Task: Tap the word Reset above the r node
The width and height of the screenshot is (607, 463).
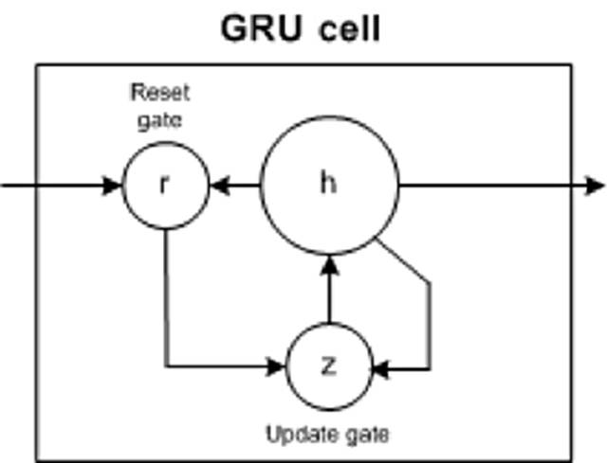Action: (159, 94)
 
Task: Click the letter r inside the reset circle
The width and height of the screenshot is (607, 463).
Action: (165, 185)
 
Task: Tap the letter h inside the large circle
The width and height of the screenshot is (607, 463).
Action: (328, 184)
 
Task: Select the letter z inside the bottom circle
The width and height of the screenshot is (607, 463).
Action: (328, 365)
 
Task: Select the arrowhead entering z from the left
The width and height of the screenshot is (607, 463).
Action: (281, 365)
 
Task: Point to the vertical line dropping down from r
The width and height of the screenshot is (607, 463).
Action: (166, 294)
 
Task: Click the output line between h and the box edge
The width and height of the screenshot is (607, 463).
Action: (484, 185)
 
